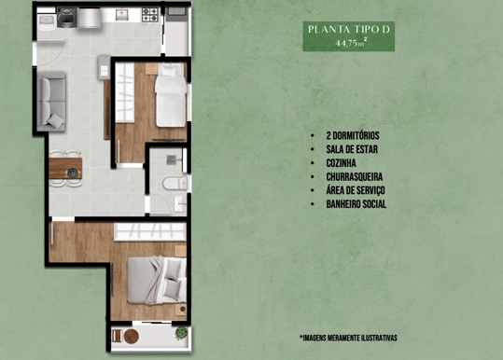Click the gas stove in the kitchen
click(x=150, y=15)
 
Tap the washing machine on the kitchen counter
click(x=67, y=18)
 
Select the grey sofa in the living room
click(x=51, y=102)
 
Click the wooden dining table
click(x=65, y=168)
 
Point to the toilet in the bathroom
click(x=175, y=184)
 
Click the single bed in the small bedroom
click(x=171, y=94)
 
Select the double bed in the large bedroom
click(x=157, y=280)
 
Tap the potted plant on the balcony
click(x=182, y=333)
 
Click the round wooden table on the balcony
click(x=132, y=337)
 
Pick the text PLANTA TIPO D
click(x=349, y=30)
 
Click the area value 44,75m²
click(x=351, y=42)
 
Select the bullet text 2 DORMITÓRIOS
click(x=353, y=135)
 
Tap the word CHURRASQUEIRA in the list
click(x=355, y=176)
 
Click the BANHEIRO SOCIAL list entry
click(x=356, y=204)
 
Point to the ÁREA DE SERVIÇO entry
click(x=356, y=190)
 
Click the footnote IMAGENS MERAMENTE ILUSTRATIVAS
click(x=348, y=338)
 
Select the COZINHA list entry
click(x=341, y=163)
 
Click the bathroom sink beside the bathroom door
click(x=179, y=204)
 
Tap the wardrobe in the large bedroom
click(x=150, y=231)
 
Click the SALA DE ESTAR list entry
click(x=352, y=149)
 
